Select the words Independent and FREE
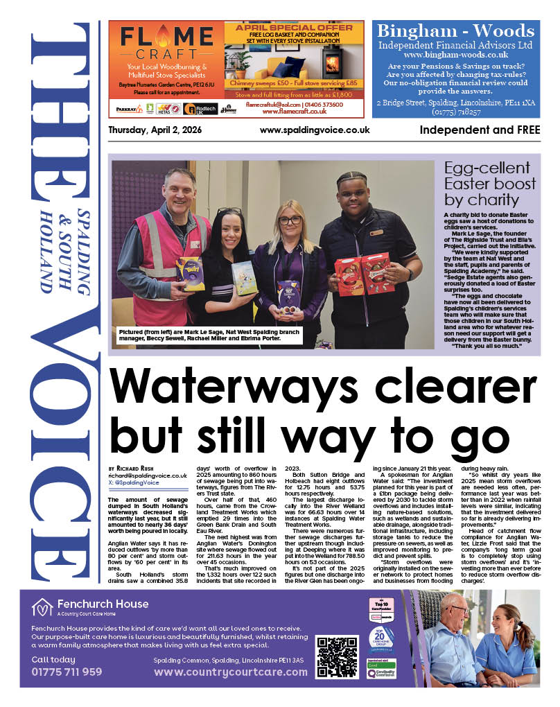480,130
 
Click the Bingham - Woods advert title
455,31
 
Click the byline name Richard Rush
137,469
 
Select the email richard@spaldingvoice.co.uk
148,476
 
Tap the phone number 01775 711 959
67,672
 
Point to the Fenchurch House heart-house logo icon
42,608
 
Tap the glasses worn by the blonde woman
290,220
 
